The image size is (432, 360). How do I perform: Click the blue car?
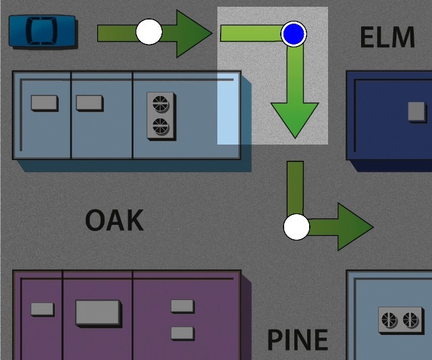coord(42,31)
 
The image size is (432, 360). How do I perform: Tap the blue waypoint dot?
coord(294,33)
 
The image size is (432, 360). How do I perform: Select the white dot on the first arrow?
coord(148,32)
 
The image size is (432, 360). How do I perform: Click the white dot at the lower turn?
coord(296,227)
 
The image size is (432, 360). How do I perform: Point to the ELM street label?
coord(387,38)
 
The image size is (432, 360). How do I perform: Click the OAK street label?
coord(114,220)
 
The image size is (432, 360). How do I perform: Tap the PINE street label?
coord(297,340)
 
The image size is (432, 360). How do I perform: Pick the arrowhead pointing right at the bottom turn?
coord(354,227)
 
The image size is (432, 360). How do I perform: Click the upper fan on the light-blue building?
coord(161,103)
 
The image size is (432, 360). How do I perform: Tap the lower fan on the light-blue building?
coord(161,126)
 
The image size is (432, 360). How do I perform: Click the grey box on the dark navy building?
coord(416,111)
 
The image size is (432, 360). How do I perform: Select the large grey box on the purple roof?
coord(99,313)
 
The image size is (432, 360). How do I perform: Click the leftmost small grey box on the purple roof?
coord(42,309)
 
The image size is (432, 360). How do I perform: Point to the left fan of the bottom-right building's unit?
coord(389,320)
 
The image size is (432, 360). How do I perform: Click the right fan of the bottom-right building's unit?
coord(409,320)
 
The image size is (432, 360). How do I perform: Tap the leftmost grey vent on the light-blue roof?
coord(44,103)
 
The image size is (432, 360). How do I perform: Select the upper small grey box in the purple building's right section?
coord(182,306)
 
